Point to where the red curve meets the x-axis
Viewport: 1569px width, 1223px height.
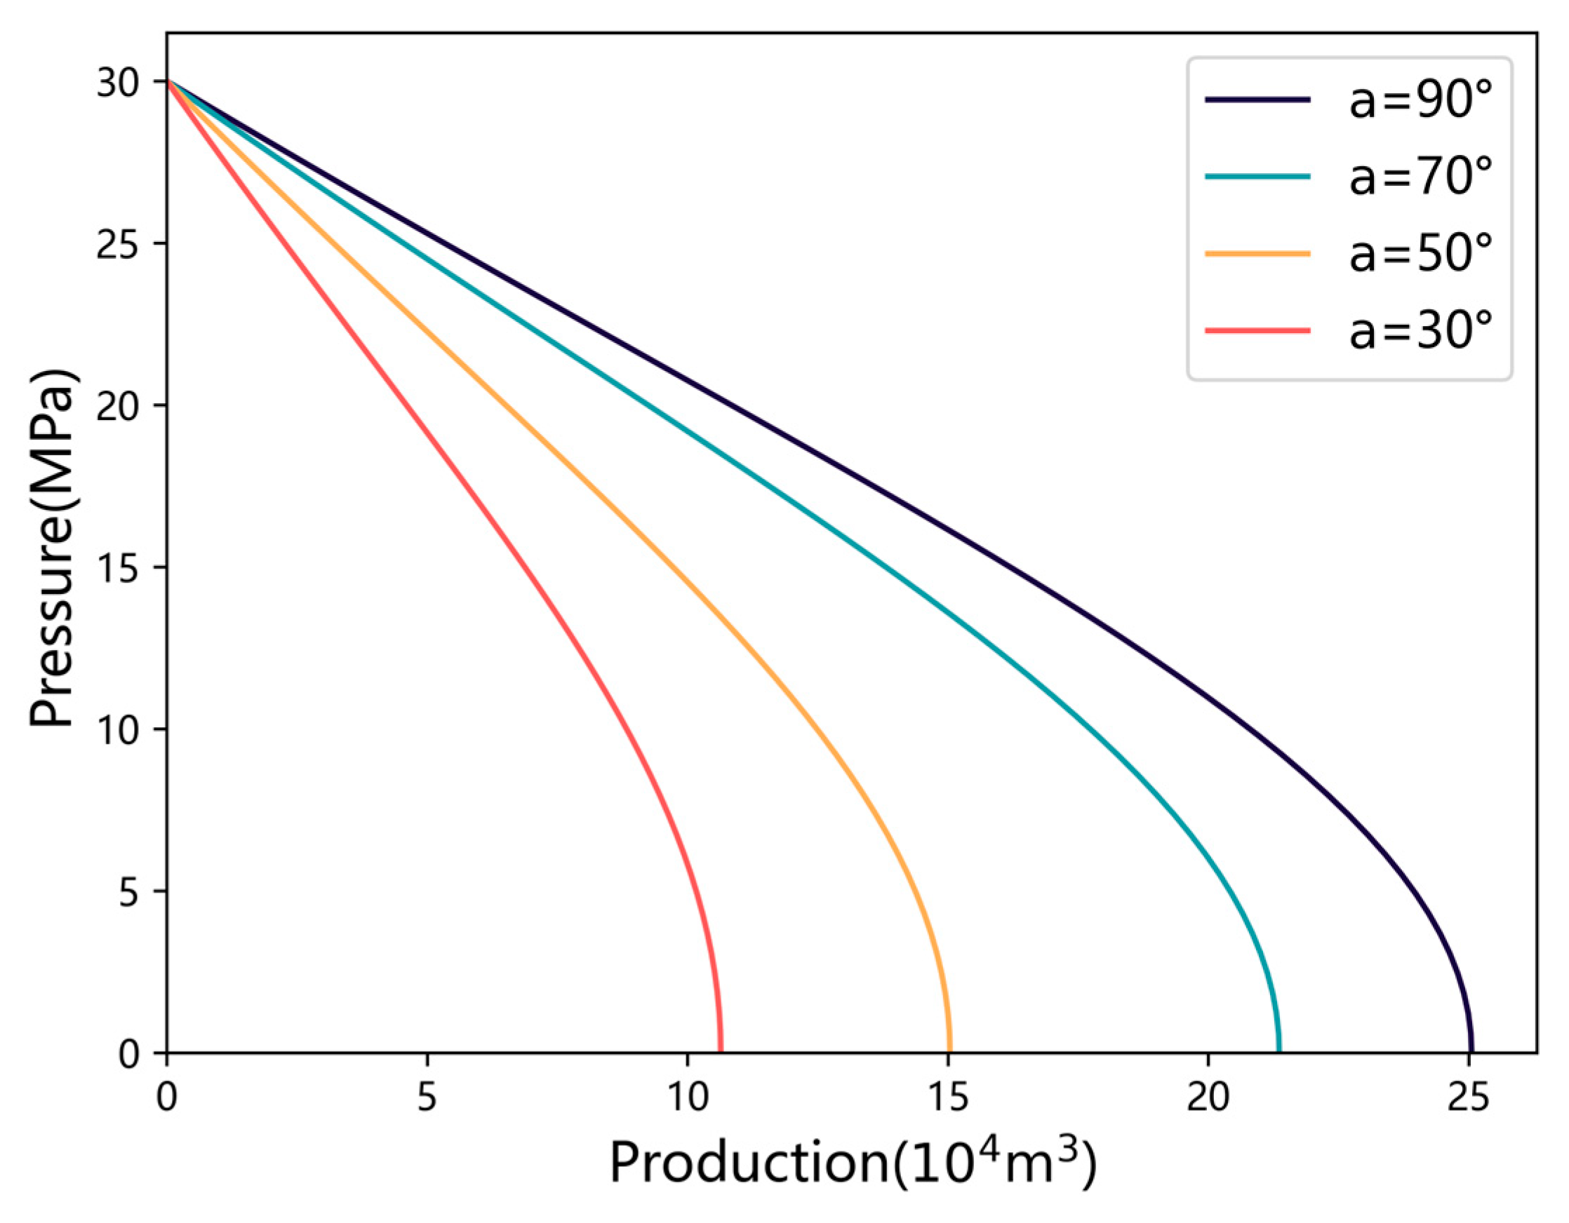point(720,1050)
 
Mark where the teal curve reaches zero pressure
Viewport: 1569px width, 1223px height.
point(1278,1050)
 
